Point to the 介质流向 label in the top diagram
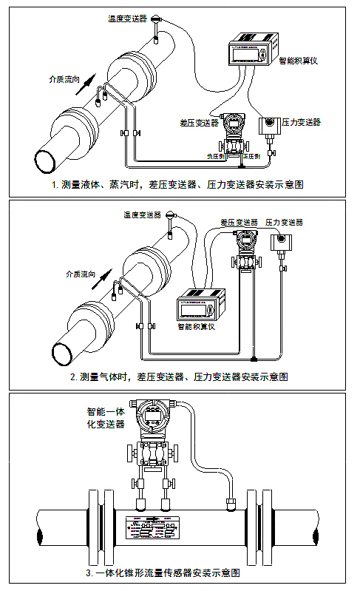[61, 78]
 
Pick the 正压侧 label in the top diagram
[252, 157]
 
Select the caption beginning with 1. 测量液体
[178, 183]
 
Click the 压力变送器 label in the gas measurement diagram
[284, 222]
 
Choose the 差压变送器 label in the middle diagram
[238, 222]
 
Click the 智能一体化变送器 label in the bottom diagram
[106, 418]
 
